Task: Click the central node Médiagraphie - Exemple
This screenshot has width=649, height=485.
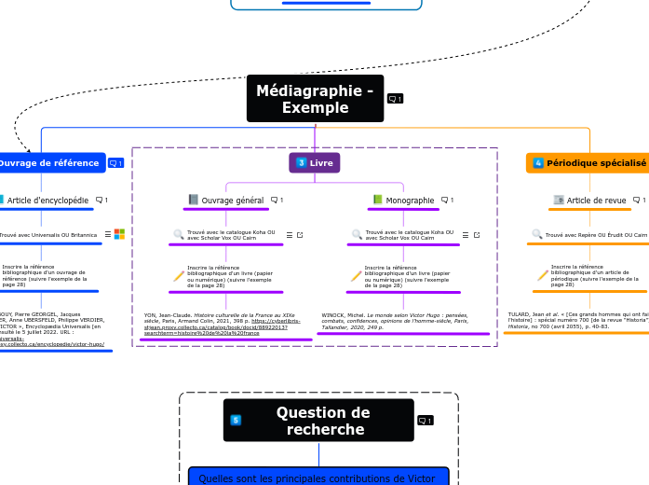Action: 315,100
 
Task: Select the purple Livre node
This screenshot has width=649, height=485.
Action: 315,163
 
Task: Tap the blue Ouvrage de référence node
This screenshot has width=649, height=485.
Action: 48,163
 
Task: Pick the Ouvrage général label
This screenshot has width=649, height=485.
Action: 232,200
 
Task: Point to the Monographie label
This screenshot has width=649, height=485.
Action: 410,200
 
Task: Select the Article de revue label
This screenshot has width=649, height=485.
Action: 596,200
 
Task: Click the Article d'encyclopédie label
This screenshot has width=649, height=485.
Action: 47,200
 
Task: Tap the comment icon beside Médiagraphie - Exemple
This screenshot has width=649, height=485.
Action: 395,99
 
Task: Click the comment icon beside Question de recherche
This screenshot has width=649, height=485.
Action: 425,421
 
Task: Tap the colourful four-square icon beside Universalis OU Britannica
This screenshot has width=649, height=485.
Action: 119,234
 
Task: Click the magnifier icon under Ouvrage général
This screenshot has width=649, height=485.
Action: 179,235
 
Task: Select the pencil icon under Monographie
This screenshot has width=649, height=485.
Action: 356,275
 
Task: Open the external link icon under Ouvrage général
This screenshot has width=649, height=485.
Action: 300,235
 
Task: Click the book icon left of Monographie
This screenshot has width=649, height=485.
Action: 377,200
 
